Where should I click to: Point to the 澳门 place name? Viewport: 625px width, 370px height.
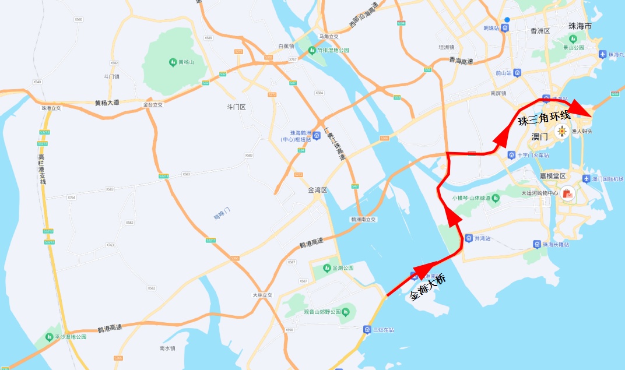[540, 137]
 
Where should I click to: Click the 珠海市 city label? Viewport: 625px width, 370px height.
[580, 27]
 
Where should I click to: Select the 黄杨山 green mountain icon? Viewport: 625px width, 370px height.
[173, 62]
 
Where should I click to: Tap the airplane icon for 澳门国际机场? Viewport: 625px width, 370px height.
[587, 179]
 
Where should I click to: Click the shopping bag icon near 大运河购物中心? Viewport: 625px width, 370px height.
[568, 194]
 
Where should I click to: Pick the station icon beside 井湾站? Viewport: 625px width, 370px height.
[469, 238]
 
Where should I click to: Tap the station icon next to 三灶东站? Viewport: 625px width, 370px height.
[366, 330]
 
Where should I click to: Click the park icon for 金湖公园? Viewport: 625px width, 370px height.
[326, 268]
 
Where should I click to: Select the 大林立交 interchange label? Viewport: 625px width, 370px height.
[262, 295]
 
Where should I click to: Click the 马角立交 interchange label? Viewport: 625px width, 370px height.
[328, 36]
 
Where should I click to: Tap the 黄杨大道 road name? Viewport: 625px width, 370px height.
[107, 103]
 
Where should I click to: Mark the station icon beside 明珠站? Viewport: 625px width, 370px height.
[507, 28]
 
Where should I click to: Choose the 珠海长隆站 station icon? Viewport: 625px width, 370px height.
[537, 244]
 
